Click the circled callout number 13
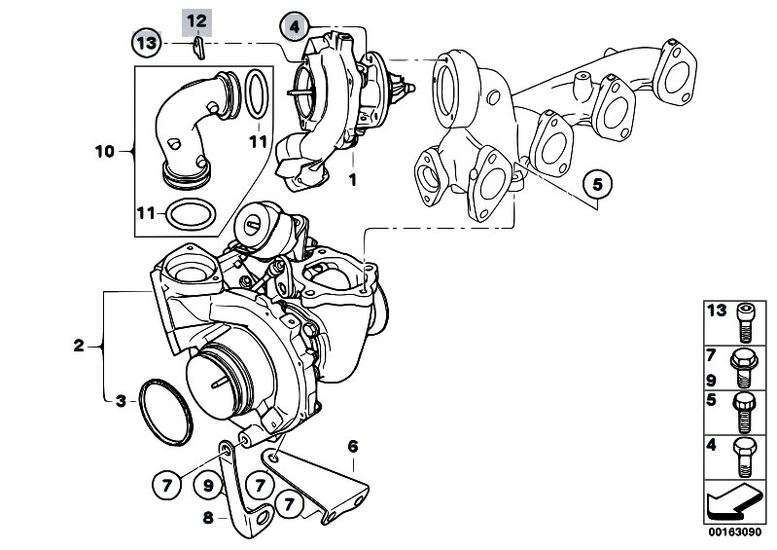coord(147,43)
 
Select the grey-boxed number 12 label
coord(196,21)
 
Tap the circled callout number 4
coord(295,26)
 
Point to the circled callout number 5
coord(598,185)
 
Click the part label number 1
coord(353,179)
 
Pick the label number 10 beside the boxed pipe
coord(105,151)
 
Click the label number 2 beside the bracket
coord(79,346)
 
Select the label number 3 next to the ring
coord(121,401)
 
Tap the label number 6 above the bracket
coord(352,447)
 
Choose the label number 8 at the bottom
coord(208,518)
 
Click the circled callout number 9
coord(208,485)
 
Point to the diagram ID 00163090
coord(734,532)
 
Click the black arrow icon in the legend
coord(733,502)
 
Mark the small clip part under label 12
coord(198,48)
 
